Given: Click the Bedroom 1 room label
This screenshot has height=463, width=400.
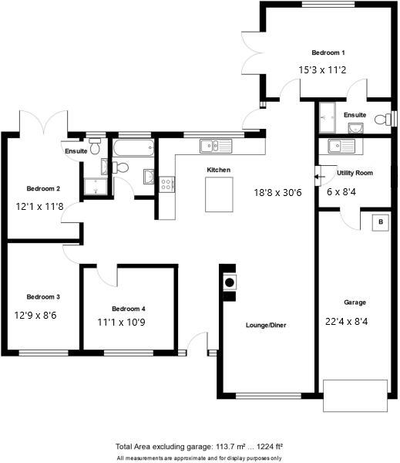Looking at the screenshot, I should point(328,52).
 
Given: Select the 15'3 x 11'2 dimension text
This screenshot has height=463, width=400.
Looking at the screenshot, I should point(322,69).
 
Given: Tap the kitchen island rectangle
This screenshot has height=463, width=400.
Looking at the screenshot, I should point(219,194).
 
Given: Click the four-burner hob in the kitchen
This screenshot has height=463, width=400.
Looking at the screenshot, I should point(166,184).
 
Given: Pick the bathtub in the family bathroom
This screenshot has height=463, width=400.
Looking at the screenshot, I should point(133,147).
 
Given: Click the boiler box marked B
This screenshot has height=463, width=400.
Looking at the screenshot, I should point(378,222).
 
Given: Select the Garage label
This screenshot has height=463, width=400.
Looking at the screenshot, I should point(355,302).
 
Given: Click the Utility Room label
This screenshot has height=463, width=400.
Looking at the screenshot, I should point(355,173).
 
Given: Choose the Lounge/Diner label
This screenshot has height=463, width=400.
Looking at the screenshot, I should point(266,326).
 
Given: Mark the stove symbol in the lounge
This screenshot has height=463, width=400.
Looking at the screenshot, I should point(229,282).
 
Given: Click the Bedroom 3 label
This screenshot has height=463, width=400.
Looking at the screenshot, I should point(43,296).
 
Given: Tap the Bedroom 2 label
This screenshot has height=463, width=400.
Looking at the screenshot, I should point(43,188).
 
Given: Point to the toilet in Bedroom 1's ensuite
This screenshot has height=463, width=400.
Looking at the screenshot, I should point(381,120).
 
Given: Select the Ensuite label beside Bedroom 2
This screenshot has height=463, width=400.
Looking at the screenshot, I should point(76,151).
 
